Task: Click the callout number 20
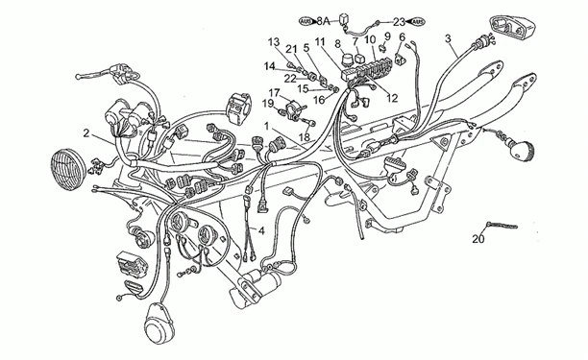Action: point(478,240)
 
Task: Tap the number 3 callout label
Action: point(449,38)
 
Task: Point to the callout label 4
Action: point(261,230)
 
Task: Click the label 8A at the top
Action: point(323,19)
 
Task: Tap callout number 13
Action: point(274,41)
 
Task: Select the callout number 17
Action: point(273,93)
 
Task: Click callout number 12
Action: point(391,97)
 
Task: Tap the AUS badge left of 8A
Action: point(306,19)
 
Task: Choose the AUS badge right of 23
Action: point(419,19)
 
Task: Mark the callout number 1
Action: point(267,126)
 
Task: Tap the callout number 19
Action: point(268,104)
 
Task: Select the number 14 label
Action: point(270,65)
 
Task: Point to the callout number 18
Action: point(305,137)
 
